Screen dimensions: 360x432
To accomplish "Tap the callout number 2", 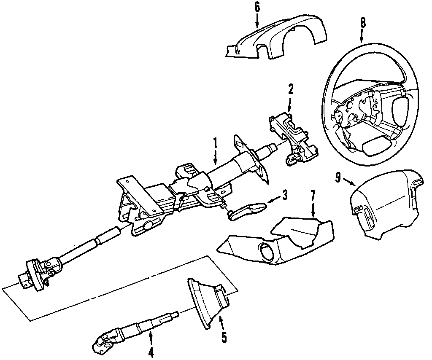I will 291,90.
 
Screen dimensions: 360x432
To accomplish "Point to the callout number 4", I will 151,353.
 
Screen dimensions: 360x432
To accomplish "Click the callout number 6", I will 257,7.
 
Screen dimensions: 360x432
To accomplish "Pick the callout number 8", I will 363,23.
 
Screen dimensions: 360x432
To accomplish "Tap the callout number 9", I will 338,178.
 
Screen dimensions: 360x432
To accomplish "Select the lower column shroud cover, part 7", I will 278,240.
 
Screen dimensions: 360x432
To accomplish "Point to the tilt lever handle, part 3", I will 247,210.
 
